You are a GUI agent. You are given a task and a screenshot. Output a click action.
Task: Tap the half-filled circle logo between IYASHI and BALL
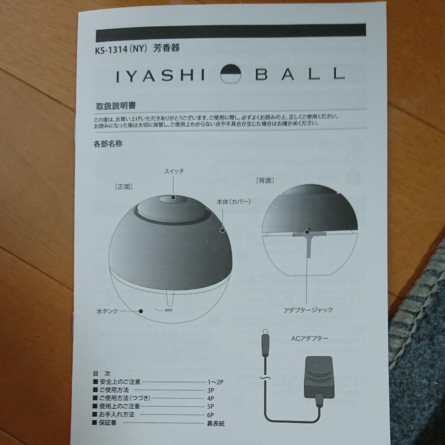click(x=233, y=75)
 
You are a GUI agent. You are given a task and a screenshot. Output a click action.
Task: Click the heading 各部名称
click(x=108, y=144)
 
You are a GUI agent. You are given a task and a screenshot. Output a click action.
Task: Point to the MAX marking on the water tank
click(x=168, y=309)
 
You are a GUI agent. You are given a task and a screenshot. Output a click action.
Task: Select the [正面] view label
click(x=123, y=186)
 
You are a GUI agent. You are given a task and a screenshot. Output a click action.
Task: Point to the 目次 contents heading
click(x=101, y=373)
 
